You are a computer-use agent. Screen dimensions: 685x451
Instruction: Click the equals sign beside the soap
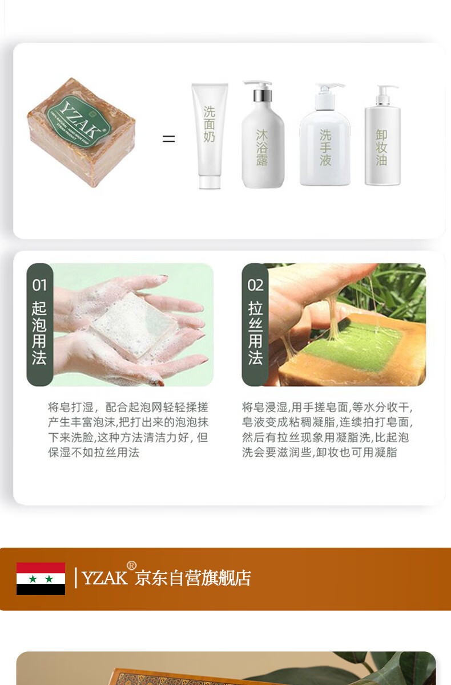coord(168,138)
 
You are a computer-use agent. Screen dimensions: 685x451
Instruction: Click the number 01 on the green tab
coord(39,284)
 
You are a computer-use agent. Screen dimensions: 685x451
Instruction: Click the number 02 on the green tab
coord(255,284)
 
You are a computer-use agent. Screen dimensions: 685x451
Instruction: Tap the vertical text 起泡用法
coord(39,333)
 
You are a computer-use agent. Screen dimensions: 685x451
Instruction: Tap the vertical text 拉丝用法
coord(255,333)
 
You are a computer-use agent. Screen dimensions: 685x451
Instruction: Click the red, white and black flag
coord(41,578)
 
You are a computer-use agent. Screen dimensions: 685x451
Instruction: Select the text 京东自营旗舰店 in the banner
coord(193,578)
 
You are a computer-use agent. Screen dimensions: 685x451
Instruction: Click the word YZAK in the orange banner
coord(104,578)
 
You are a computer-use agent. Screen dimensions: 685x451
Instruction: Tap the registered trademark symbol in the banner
coord(131,565)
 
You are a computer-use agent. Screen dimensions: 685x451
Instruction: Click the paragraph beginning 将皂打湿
coord(128,430)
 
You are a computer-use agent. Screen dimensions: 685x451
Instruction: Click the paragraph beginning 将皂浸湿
coord(327,430)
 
